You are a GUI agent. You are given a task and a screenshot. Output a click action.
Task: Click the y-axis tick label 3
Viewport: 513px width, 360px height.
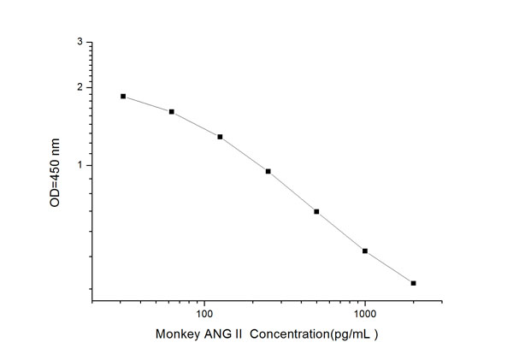80,41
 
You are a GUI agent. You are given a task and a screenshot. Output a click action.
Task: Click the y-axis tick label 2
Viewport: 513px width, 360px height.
80,87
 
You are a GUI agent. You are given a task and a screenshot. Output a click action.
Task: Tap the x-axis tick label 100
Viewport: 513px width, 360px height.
204,315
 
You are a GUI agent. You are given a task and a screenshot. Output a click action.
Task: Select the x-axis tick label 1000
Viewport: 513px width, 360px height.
365,315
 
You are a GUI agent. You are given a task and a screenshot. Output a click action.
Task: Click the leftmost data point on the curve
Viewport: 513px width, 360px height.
123,97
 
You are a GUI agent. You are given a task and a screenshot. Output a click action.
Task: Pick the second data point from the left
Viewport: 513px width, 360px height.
172,112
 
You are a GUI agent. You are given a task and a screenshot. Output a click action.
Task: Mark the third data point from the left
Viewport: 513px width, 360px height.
220,137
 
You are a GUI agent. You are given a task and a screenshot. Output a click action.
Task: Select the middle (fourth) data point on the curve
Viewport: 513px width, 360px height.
268,171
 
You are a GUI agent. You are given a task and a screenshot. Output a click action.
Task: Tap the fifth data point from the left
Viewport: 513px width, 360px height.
316,211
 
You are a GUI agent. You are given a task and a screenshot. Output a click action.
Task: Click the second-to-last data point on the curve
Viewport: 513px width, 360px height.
365,251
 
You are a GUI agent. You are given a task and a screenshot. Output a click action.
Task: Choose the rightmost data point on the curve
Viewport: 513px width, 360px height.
413,283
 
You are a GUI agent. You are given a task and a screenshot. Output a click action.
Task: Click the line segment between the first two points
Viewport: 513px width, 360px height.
147,104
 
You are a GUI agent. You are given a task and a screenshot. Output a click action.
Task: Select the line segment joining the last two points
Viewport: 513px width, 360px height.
389,267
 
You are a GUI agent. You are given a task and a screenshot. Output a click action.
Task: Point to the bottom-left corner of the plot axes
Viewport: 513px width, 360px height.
91,301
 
